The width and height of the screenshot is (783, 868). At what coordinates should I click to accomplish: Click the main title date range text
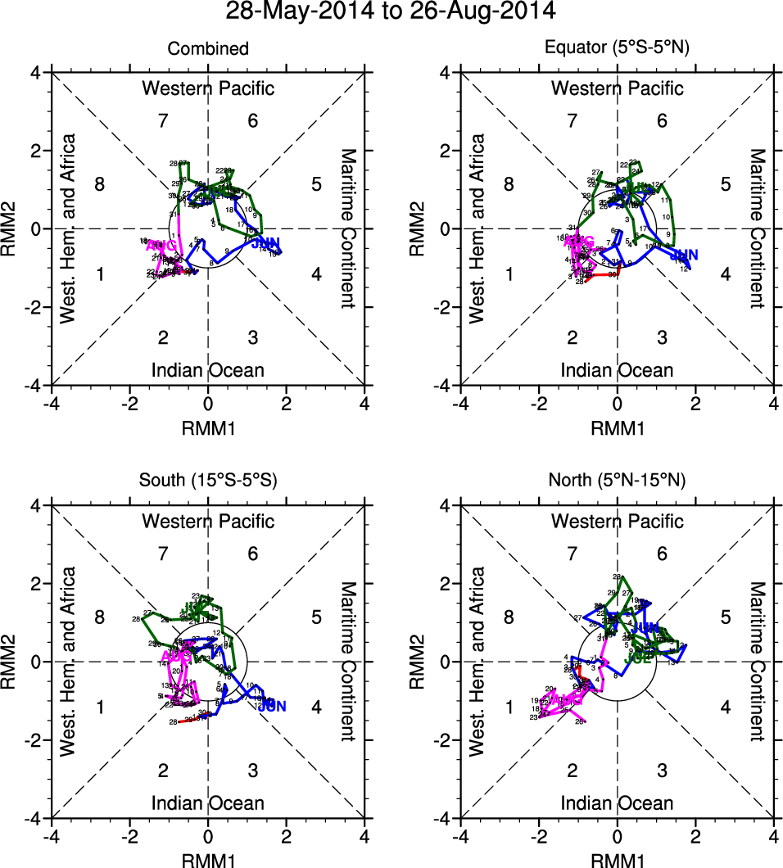click(x=391, y=12)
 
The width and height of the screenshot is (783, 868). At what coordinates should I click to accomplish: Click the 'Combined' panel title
click(x=208, y=49)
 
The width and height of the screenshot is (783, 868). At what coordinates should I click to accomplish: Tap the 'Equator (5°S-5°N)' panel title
click(x=618, y=49)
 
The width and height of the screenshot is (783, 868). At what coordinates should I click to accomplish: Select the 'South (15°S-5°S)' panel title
click(x=208, y=481)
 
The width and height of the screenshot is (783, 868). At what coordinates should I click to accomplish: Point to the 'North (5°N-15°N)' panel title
click(x=618, y=481)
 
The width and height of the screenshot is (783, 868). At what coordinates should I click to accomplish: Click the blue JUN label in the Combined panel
click(x=267, y=243)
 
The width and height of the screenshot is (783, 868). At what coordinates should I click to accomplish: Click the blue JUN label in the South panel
click(x=272, y=705)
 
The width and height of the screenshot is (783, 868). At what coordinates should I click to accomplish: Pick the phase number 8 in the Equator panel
click(x=509, y=184)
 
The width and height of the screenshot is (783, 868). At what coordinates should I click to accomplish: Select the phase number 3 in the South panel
click(x=253, y=770)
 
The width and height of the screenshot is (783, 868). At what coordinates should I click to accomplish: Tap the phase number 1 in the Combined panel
click(x=100, y=274)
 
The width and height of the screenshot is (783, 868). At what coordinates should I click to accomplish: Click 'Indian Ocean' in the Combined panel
click(x=208, y=370)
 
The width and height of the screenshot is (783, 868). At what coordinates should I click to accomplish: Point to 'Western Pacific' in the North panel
click(x=618, y=521)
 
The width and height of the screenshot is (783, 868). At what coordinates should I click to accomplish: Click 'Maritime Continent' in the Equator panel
click(x=758, y=228)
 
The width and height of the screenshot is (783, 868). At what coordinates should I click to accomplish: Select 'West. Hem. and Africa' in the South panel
click(x=70, y=661)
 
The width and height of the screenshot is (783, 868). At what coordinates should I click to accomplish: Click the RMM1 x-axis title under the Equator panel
click(x=618, y=427)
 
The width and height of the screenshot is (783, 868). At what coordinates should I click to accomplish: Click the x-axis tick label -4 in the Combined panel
click(x=51, y=404)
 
